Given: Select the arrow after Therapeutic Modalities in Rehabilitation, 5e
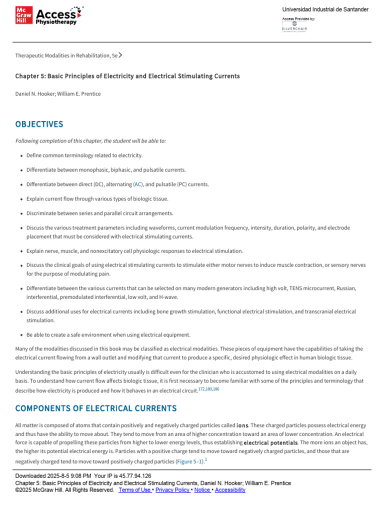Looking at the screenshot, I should point(120,55).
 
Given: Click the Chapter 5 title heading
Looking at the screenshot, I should point(127,76).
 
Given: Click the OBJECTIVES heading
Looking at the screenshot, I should point(39,124).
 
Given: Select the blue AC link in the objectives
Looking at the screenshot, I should point(137,184).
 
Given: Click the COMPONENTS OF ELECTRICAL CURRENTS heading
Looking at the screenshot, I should point(95,408).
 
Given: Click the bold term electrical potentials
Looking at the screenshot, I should point(270,443).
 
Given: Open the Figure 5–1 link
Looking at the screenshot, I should point(190,461).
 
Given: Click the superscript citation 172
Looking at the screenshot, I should point(201,388).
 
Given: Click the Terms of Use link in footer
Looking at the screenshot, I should point(134,490).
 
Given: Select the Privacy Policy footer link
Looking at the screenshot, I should point(173,490).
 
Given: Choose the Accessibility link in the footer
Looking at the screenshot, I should point(230,490).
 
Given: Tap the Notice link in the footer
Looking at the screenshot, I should point(202,490).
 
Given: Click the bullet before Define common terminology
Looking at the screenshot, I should point(21,156).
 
